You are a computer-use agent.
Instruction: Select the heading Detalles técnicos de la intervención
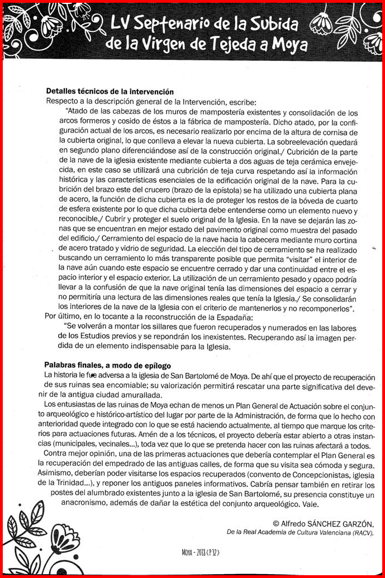coord(110,92)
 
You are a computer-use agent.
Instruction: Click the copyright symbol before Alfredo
coord(275,524)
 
